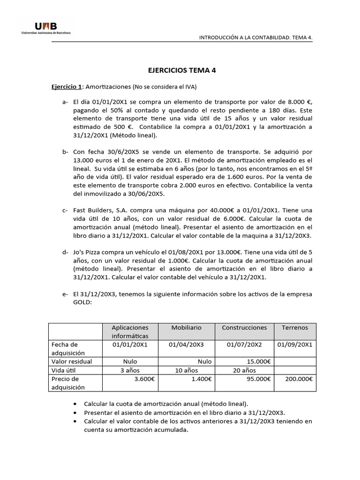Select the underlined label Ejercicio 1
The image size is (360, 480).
coord(67,87)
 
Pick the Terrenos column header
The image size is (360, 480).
coord(295,328)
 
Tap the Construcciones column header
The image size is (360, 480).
coord(244,328)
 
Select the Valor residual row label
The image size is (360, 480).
coord(71,361)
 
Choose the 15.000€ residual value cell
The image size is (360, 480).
coord(258,361)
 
